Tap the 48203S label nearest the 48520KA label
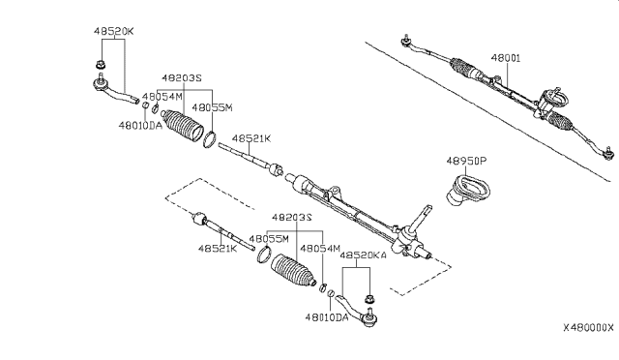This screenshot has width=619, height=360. click(x=291, y=218)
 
